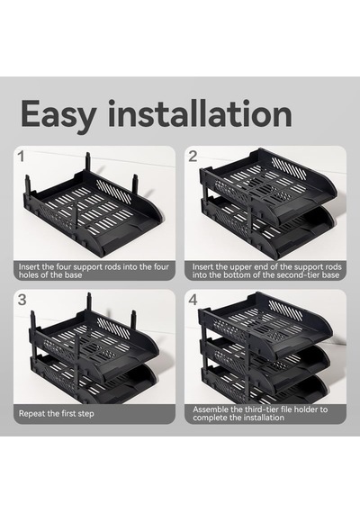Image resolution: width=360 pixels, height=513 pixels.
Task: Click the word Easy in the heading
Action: pyautogui.click(x=58, y=115)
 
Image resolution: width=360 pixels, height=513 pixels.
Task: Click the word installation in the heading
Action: pyautogui.click(x=200, y=113)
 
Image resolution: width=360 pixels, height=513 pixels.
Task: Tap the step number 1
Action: pyautogui.click(x=22, y=157)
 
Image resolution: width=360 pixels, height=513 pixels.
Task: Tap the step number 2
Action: pyautogui.click(x=193, y=157)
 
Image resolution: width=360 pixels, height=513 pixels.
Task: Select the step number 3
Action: pyautogui.click(x=22, y=300)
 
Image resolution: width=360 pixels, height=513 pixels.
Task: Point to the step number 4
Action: pyautogui.click(x=193, y=300)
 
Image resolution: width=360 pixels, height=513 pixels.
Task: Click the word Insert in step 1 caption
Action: pyautogui.click(x=29, y=266)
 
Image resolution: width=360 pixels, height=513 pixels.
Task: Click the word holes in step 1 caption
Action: pyautogui.click(x=29, y=274)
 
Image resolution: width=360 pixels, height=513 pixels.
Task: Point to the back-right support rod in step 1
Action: pyautogui.click(x=135, y=185)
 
